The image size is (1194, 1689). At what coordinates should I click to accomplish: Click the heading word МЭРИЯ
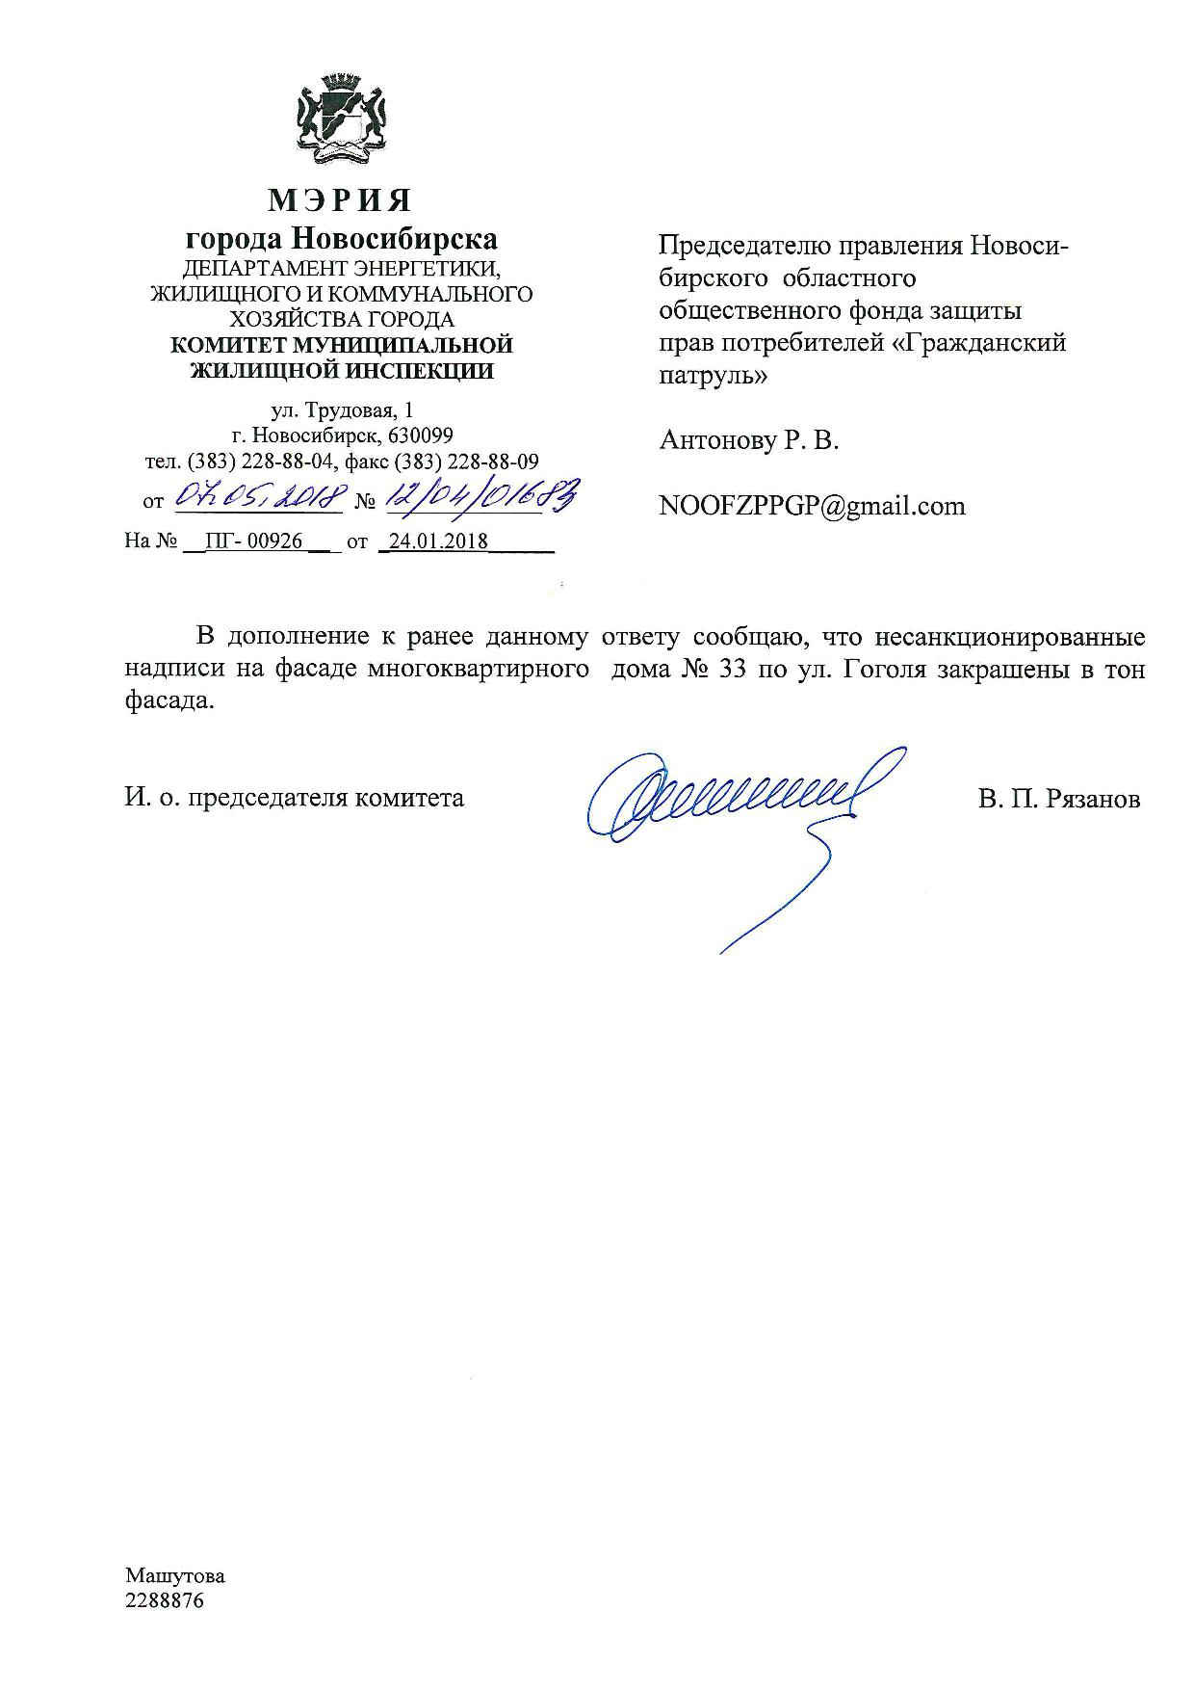coord(340,199)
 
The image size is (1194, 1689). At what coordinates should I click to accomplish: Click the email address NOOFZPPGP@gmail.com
coord(812,507)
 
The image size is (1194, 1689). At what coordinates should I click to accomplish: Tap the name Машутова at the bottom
coord(174,1576)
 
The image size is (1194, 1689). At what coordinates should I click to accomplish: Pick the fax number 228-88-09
coord(494,462)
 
